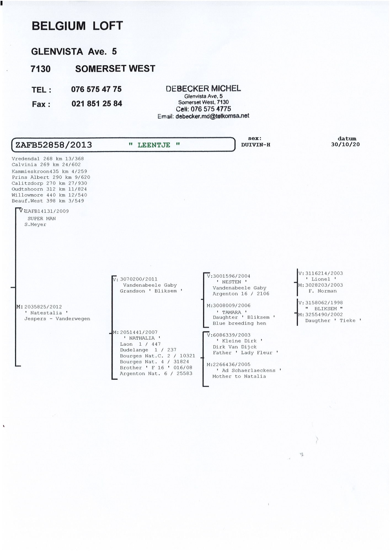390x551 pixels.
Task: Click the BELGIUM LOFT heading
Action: pos(77,26)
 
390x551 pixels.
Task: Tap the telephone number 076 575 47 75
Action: pos(96,89)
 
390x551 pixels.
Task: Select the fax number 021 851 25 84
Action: pos(97,104)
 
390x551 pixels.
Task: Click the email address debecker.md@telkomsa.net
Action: pos(212,116)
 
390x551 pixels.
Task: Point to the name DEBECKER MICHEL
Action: pos(203,88)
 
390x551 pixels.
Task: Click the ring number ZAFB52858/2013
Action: pos(54,145)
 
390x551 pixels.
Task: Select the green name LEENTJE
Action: pos(154,145)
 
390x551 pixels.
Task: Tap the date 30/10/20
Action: pos(345,144)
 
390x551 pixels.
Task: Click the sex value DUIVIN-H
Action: pos(256,145)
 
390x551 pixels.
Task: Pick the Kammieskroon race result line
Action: pos(49,171)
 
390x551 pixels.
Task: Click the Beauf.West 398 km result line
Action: pos(48,201)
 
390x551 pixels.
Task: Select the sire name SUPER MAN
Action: pos(42,218)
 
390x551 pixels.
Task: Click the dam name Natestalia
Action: pos(46,313)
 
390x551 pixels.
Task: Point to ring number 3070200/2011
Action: pos(139,279)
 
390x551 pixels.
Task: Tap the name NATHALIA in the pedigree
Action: pos(142,338)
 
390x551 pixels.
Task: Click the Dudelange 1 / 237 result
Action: pos(148,350)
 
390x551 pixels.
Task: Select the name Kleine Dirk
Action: pos(239,341)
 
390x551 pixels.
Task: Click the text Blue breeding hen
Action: pos(239,323)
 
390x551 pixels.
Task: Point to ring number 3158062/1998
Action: pos(324,302)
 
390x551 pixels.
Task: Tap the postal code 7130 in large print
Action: pos(41,69)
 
